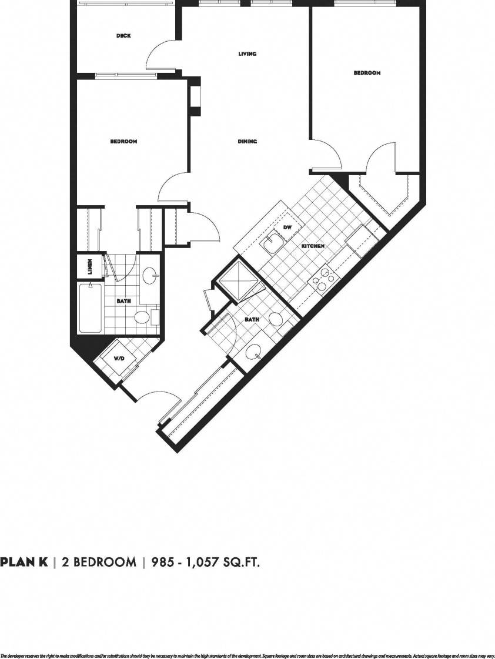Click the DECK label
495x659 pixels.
[123, 36]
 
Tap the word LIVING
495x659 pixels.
[247, 54]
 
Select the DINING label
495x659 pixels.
[247, 142]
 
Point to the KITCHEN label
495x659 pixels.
[313, 246]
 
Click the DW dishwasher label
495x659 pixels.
[287, 227]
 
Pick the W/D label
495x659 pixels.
[118, 358]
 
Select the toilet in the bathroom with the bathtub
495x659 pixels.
[142, 317]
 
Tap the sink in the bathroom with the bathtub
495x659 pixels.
[150, 275]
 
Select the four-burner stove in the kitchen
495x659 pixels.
[324, 280]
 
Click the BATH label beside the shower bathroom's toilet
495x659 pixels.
[252, 319]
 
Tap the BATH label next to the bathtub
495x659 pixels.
[123, 301]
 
